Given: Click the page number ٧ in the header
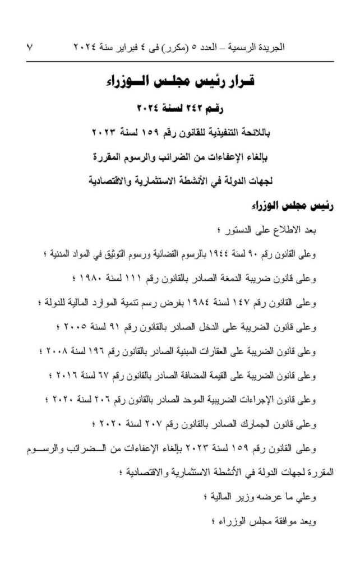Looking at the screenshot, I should [30, 48].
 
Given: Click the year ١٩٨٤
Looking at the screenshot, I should [219, 303].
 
